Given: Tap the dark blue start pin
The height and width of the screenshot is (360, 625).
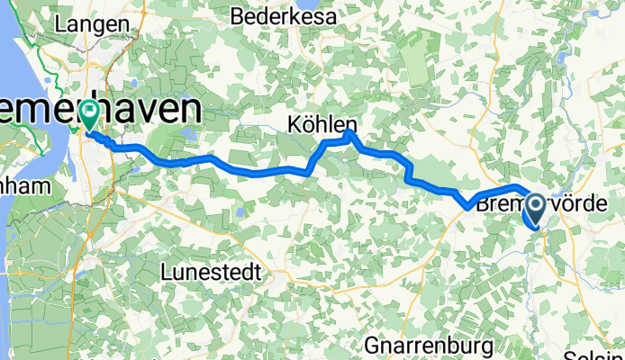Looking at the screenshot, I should [x=534, y=211].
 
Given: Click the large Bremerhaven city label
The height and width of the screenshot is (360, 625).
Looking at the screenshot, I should [x=99, y=110].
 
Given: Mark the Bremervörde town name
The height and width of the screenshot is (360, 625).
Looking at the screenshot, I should [x=549, y=204].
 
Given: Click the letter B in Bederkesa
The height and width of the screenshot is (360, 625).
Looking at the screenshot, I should [x=238, y=16].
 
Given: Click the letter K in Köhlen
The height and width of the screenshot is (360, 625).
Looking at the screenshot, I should [x=294, y=123].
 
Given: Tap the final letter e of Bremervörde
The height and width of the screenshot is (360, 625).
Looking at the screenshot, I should [x=616, y=204].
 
